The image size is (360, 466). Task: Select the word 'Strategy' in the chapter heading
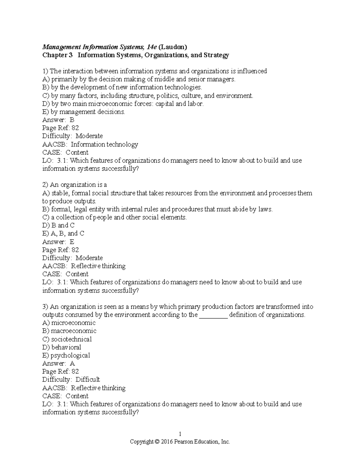coord(216,55)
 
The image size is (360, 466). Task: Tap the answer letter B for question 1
coord(72,120)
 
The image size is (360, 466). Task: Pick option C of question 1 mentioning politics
coord(148,96)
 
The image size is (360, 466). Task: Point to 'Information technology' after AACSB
coord(104,144)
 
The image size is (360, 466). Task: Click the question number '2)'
coord(45,185)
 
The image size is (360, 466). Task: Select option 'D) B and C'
coord(58,225)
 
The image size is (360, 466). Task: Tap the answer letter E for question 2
coord(72,242)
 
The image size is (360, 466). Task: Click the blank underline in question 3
coord(213,315)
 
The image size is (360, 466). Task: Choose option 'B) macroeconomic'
coord(69,331)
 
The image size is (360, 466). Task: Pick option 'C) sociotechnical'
coord(67,339)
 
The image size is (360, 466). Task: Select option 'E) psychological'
coord(66,356)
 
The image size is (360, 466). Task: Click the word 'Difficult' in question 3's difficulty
coord(88,380)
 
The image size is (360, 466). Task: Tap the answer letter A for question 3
coord(72,364)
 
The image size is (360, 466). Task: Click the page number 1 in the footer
coord(180,434)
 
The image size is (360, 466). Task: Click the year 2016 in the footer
coord(167,442)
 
